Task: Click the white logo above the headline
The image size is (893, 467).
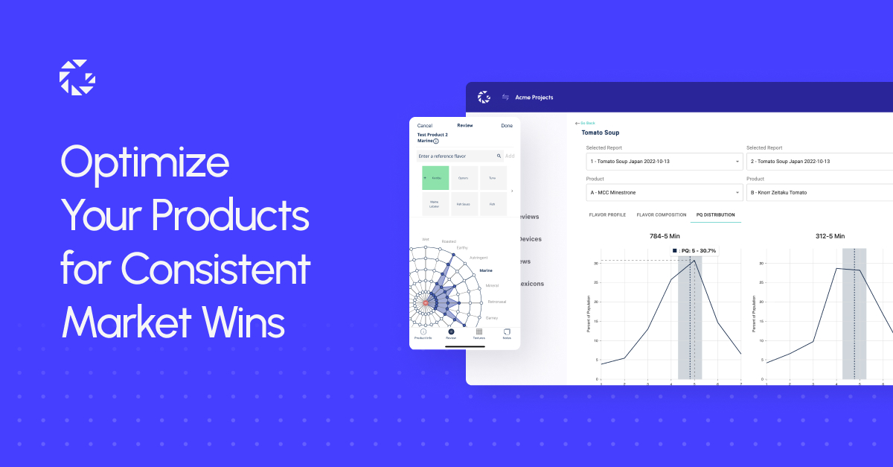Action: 77,77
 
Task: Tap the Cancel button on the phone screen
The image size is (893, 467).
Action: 424,126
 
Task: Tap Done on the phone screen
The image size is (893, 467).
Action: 507,126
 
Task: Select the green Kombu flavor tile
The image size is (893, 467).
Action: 435,178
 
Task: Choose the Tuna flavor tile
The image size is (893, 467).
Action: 493,178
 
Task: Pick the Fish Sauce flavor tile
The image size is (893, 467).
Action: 464,204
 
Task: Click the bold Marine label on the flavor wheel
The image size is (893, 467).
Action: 486,270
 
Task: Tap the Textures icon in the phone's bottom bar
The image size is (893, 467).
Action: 478,333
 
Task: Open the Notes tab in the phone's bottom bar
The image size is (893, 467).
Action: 507,333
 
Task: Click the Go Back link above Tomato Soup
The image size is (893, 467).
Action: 586,123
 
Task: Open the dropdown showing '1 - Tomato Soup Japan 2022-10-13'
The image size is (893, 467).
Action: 664,161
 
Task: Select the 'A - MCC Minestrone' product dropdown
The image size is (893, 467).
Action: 664,192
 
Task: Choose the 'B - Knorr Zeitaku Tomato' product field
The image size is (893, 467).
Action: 819,192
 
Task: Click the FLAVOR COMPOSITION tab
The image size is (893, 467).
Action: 661,215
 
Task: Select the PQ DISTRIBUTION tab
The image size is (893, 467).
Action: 715,215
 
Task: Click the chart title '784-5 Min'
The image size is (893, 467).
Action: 664,236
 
